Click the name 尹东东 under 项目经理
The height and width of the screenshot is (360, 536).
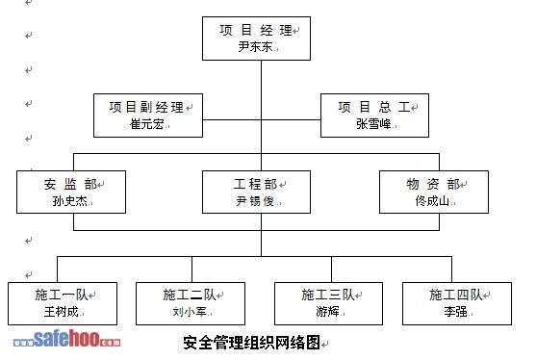tap(255, 46)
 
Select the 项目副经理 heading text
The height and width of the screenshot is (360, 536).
tap(146, 107)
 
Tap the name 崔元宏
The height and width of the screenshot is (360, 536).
tap(146, 124)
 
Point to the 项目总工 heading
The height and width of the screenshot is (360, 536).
tap(374, 107)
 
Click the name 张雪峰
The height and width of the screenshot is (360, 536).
tap(373, 124)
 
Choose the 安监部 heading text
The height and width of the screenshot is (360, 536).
tap(70, 184)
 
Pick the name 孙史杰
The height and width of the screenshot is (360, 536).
tap(69, 201)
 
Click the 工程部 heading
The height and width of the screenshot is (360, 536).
tap(255, 184)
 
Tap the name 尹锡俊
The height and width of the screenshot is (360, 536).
tap(255, 201)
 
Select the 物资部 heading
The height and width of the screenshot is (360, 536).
tap(433, 184)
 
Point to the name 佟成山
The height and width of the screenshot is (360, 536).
tap(432, 201)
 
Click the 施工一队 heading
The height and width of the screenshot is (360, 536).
tap(62, 295)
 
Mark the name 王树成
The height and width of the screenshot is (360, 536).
tap(62, 312)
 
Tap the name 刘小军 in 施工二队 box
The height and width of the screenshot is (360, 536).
tap(190, 312)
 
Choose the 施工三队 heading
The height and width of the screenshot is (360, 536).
tap(328, 295)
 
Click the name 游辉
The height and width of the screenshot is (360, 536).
tap(327, 312)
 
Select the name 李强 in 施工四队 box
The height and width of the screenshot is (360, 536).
tap(456, 312)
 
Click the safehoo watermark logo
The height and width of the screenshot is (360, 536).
tap(67, 339)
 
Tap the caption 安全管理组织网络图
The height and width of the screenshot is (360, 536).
tap(251, 343)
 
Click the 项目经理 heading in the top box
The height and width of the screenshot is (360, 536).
tap(256, 30)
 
